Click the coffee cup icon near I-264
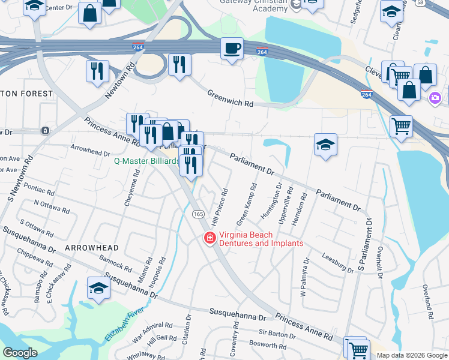(232, 48)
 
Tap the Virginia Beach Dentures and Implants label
(261, 239)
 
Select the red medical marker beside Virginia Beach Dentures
(209, 239)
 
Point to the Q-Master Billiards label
(147, 161)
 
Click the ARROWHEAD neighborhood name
(91, 247)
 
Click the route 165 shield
(197, 214)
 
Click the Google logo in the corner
(20, 353)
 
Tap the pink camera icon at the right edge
(436, 98)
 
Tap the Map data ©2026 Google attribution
(412, 355)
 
